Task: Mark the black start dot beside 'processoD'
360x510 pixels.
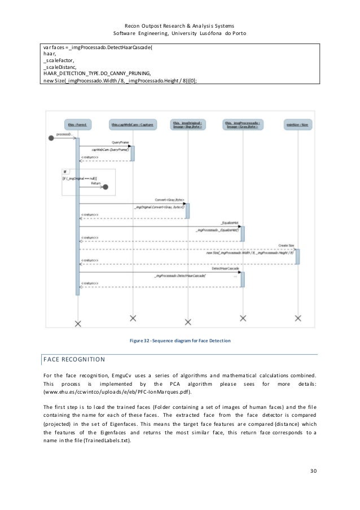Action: pos(52,138)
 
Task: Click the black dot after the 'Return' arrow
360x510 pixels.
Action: pos(105,187)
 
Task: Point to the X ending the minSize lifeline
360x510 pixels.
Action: pos(297,317)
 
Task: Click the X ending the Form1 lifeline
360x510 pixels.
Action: pos(78,323)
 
